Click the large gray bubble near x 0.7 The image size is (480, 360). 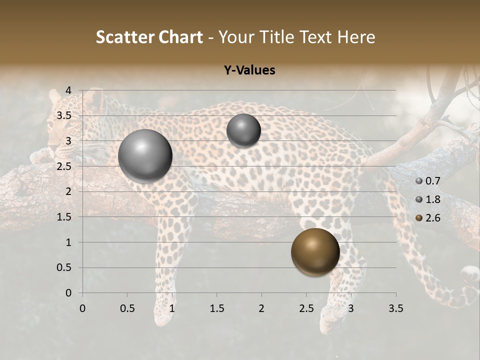tap(145, 156)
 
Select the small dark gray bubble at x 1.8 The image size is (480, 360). tap(243, 130)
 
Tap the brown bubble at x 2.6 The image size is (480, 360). tap(315, 252)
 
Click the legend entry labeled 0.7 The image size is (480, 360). tap(428, 181)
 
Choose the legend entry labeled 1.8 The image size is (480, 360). tap(428, 199)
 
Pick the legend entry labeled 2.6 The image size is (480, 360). tap(428, 218)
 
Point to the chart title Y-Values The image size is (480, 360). tap(249, 70)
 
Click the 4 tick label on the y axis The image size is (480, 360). tap(68, 90)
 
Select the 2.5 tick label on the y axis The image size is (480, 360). tap(64, 166)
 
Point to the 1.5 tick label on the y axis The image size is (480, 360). tap(64, 217)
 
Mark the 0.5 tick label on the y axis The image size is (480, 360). tap(64, 268)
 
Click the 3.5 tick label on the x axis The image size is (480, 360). tap(395, 308)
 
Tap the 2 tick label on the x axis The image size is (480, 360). tap(261, 308)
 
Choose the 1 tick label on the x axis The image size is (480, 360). tap(172, 308)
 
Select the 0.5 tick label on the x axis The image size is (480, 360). tap(127, 308)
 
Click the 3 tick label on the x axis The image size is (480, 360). tap(351, 308)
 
